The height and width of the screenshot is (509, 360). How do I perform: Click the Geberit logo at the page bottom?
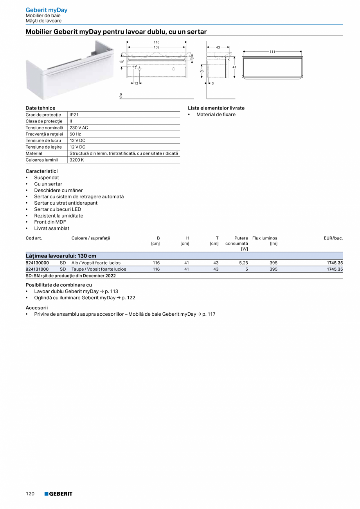(58, 494)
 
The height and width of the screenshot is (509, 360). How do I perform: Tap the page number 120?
(30, 494)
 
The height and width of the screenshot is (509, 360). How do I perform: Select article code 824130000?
(37, 263)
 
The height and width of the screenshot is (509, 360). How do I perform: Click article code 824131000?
(37, 269)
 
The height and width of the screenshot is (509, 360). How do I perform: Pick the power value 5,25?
(243, 263)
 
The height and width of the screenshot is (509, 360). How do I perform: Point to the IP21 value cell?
(74, 115)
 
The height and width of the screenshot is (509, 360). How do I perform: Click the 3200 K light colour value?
(77, 160)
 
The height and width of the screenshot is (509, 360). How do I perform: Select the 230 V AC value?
(79, 128)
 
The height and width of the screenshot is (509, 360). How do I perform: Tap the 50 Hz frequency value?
(75, 134)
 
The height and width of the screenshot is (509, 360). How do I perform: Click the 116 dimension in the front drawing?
(157, 42)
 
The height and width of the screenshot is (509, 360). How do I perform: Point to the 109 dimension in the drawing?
(157, 47)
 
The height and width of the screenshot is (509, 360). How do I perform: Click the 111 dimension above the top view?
(272, 52)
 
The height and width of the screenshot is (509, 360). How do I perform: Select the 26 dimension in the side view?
(202, 71)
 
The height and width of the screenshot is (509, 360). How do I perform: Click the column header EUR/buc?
(333, 238)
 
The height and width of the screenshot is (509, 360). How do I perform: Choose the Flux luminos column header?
(265, 238)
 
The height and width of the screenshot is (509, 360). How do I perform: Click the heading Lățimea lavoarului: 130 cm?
(61, 256)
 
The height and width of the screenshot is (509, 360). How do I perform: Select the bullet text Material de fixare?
(216, 115)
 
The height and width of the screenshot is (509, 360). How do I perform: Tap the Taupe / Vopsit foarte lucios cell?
(99, 269)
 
